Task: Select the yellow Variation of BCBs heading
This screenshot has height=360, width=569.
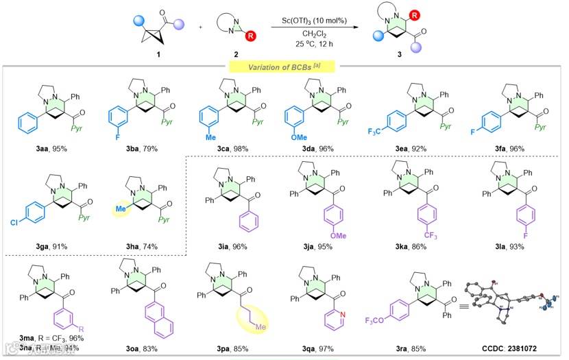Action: [x=283, y=66]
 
